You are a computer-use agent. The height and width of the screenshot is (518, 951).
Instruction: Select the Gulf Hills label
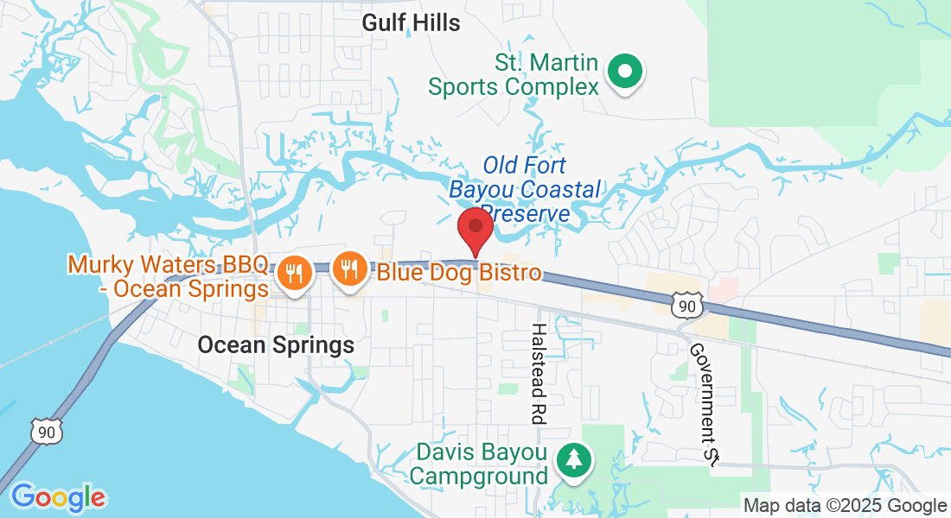(x=411, y=22)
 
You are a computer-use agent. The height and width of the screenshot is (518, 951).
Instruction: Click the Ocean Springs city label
(x=276, y=345)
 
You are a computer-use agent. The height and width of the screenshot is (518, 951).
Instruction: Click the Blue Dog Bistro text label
(x=459, y=274)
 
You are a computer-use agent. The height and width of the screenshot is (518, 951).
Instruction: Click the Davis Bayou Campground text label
(x=482, y=464)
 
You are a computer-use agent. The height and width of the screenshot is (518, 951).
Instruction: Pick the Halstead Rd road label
(x=539, y=374)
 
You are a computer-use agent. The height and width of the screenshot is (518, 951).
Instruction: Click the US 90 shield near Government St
(x=685, y=305)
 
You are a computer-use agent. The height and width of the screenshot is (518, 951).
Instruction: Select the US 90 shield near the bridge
(x=45, y=430)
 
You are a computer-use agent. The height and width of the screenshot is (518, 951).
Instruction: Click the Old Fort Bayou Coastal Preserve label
(x=524, y=188)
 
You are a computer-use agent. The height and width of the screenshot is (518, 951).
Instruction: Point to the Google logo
(x=58, y=498)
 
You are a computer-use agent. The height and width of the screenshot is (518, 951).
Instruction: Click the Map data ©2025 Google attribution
(x=845, y=506)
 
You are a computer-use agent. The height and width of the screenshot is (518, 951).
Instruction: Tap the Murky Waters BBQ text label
(x=169, y=275)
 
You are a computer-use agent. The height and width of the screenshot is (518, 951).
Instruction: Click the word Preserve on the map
(x=526, y=212)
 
